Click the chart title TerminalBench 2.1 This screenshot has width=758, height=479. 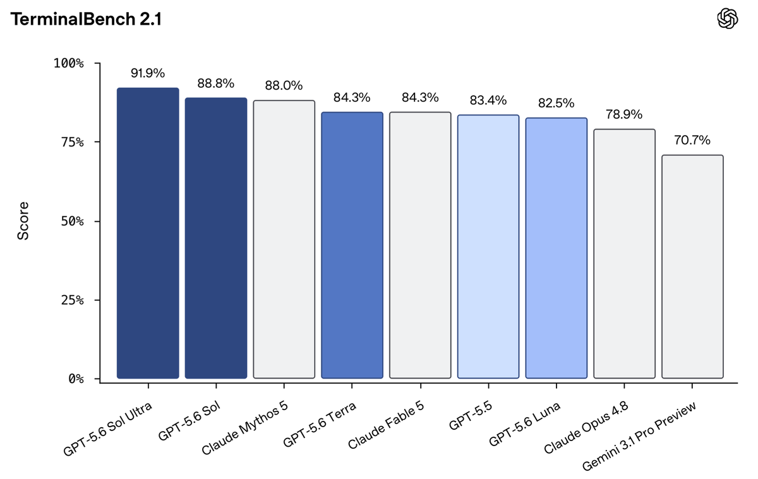tap(86, 20)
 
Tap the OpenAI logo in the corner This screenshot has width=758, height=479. tap(728, 18)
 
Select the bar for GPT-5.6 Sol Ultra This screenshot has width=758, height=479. tap(148, 233)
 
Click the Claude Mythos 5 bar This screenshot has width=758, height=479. tap(284, 239)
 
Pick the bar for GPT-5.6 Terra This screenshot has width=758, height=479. tap(352, 245)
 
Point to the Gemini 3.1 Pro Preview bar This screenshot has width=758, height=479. tap(692, 267)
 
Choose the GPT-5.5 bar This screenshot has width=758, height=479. tap(488, 246)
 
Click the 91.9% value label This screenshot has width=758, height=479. tap(148, 73)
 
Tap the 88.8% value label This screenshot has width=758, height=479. tap(216, 83)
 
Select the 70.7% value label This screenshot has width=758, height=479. tap(692, 140)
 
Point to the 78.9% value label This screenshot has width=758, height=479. tap(624, 114)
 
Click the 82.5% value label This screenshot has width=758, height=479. tap(556, 103)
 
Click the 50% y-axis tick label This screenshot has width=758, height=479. tap(72, 221)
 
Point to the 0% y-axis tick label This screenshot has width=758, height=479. tap(76, 379)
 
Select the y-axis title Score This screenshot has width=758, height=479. tap(23, 221)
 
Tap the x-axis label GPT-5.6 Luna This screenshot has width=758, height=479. tap(525, 423)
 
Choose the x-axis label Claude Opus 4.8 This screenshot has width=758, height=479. tap(586, 428)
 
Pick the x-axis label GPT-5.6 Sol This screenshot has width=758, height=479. tap(189, 421)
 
